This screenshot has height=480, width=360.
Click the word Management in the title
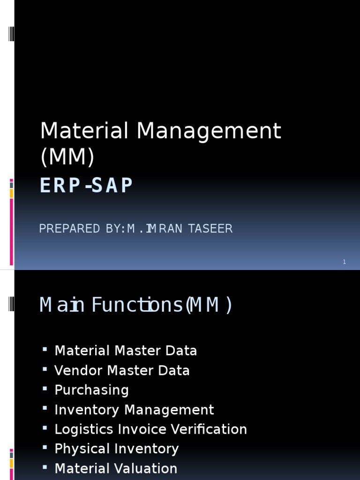[209, 132]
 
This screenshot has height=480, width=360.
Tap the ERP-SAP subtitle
[86, 186]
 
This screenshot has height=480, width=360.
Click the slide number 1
[344, 262]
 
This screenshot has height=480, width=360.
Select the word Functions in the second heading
[137, 306]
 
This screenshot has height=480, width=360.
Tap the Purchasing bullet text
[91, 390]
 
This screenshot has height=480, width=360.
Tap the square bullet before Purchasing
[45, 389]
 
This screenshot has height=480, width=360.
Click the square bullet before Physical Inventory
[45, 448]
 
